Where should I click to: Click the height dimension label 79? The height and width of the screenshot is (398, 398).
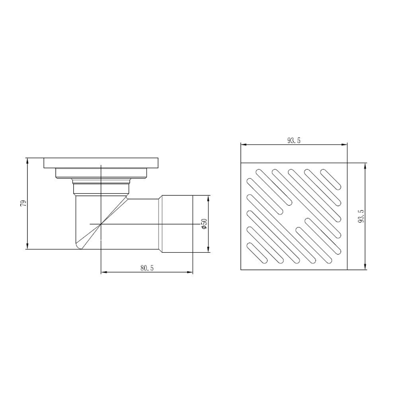[23, 203]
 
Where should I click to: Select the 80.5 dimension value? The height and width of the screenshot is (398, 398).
[147, 268]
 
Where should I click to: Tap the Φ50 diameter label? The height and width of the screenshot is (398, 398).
[204, 224]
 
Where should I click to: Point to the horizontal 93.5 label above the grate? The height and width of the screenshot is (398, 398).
[294, 140]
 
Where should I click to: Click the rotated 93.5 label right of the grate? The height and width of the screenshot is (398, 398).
[361, 216]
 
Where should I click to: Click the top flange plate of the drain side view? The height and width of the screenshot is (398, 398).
[101, 163]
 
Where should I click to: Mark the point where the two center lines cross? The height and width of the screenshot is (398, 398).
[101, 224]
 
